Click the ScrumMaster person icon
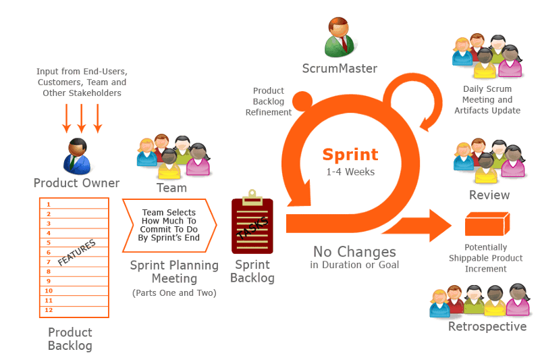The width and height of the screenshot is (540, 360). (340, 37)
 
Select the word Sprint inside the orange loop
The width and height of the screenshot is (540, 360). (350, 155)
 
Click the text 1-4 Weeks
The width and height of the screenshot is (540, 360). (350, 172)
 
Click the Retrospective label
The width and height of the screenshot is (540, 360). (487, 327)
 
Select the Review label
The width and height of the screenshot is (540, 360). (489, 195)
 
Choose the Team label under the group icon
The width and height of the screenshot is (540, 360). (171, 188)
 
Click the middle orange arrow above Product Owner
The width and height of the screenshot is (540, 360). (82, 118)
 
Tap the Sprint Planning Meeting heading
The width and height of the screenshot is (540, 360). (173, 272)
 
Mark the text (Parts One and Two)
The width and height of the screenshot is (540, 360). (173, 292)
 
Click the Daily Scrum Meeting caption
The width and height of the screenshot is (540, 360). (487, 99)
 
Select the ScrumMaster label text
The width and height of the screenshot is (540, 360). (340, 68)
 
